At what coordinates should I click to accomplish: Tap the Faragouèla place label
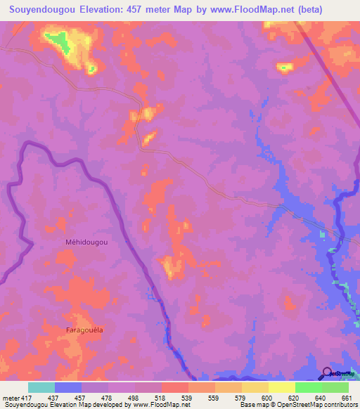point(84,330)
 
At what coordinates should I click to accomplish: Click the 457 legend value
point(82,397)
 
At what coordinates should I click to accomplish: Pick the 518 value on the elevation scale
point(162,397)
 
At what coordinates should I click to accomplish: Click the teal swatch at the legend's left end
point(41,387)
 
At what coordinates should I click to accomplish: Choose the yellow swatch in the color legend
point(281,387)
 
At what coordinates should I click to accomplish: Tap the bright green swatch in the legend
point(308,387)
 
